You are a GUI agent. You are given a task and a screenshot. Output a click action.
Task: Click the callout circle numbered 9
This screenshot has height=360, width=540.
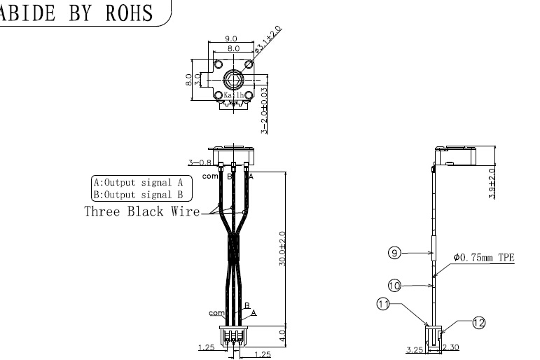coord(395,254)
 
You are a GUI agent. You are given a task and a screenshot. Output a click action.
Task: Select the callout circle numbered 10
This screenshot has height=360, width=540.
coord(395,285)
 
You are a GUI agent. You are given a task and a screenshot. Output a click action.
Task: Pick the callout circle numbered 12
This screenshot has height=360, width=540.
coord(479,322)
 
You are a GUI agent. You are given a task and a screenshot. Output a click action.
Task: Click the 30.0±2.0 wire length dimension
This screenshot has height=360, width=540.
coord(283,248)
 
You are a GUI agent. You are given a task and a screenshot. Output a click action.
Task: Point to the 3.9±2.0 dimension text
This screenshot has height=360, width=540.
coord(492,184)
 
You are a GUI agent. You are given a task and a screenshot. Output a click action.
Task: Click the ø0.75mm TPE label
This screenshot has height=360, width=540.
coord(484,258)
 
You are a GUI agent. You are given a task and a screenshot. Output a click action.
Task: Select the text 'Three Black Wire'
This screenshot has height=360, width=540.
coord(141,211)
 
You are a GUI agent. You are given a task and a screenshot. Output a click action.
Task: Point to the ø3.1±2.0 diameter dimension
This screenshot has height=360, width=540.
coord(268,39)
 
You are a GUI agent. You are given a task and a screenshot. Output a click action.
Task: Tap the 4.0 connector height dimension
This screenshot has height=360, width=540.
coord(283,333)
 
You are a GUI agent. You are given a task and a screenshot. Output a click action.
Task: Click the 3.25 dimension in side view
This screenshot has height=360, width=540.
coord(416,348)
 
